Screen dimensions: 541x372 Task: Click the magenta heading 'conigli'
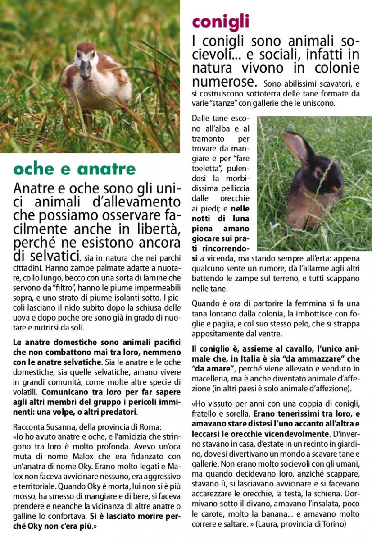220,22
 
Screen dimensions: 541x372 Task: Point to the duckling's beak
85,69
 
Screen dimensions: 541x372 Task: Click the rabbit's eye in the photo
319,174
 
